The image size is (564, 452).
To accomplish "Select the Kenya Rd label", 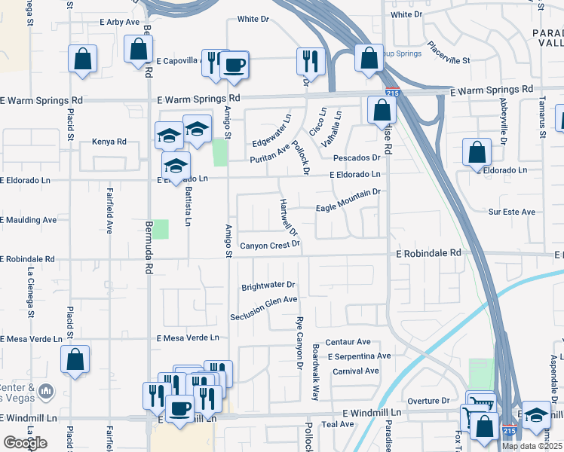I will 109,142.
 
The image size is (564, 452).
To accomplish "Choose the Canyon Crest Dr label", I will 270,245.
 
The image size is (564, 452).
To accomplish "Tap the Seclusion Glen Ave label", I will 264,307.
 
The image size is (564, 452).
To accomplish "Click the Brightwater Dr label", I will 268,286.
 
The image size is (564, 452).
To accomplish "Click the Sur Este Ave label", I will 511,212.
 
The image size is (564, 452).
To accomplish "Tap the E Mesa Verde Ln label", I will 188,338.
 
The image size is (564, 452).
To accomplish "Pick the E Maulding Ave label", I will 29,220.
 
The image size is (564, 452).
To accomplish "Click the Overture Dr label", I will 428,401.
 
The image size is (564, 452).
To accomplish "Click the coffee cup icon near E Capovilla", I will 234,66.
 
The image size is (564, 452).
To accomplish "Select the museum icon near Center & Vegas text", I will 46,392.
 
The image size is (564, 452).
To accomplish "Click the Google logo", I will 25,442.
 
